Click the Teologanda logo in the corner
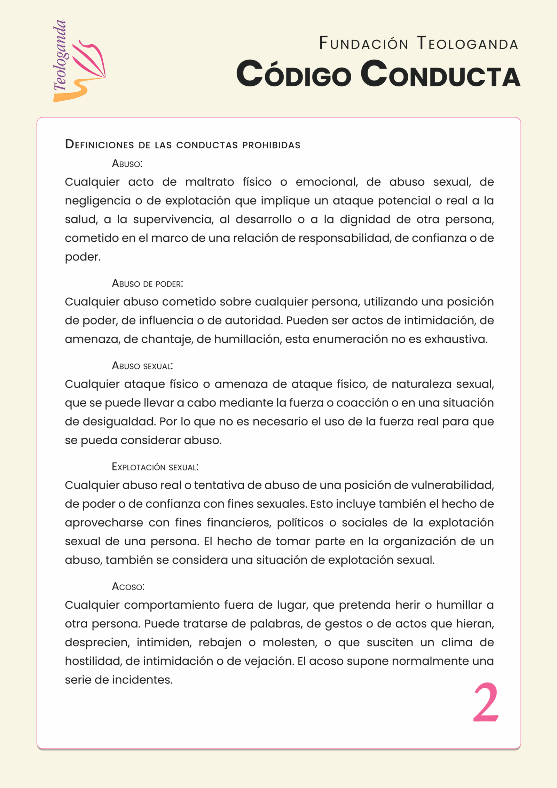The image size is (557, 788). click(79, 62)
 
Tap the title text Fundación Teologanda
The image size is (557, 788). click(418, 44)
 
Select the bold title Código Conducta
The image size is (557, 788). click(378, 74)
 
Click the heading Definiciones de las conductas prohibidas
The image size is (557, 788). click(182, 145)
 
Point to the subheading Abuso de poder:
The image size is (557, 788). click(147, 283)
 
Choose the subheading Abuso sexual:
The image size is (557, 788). click(142, 366)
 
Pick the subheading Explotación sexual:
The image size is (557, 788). click(155, 467)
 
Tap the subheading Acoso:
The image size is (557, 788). click(128, 587)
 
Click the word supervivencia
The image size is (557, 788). click(173, 219)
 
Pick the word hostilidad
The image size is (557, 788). click(93, 661)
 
